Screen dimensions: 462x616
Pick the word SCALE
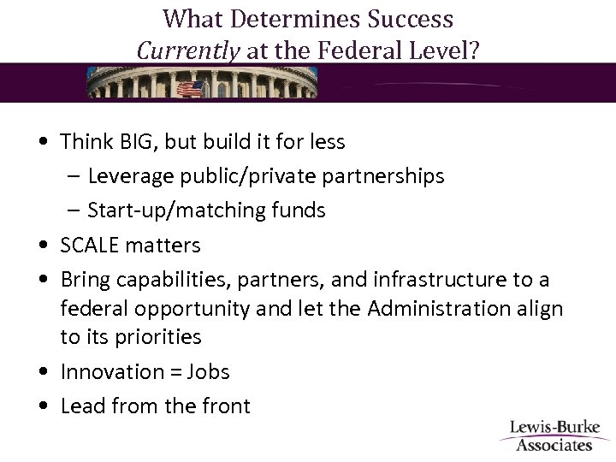pyautogui.click(x=87, y=246)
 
